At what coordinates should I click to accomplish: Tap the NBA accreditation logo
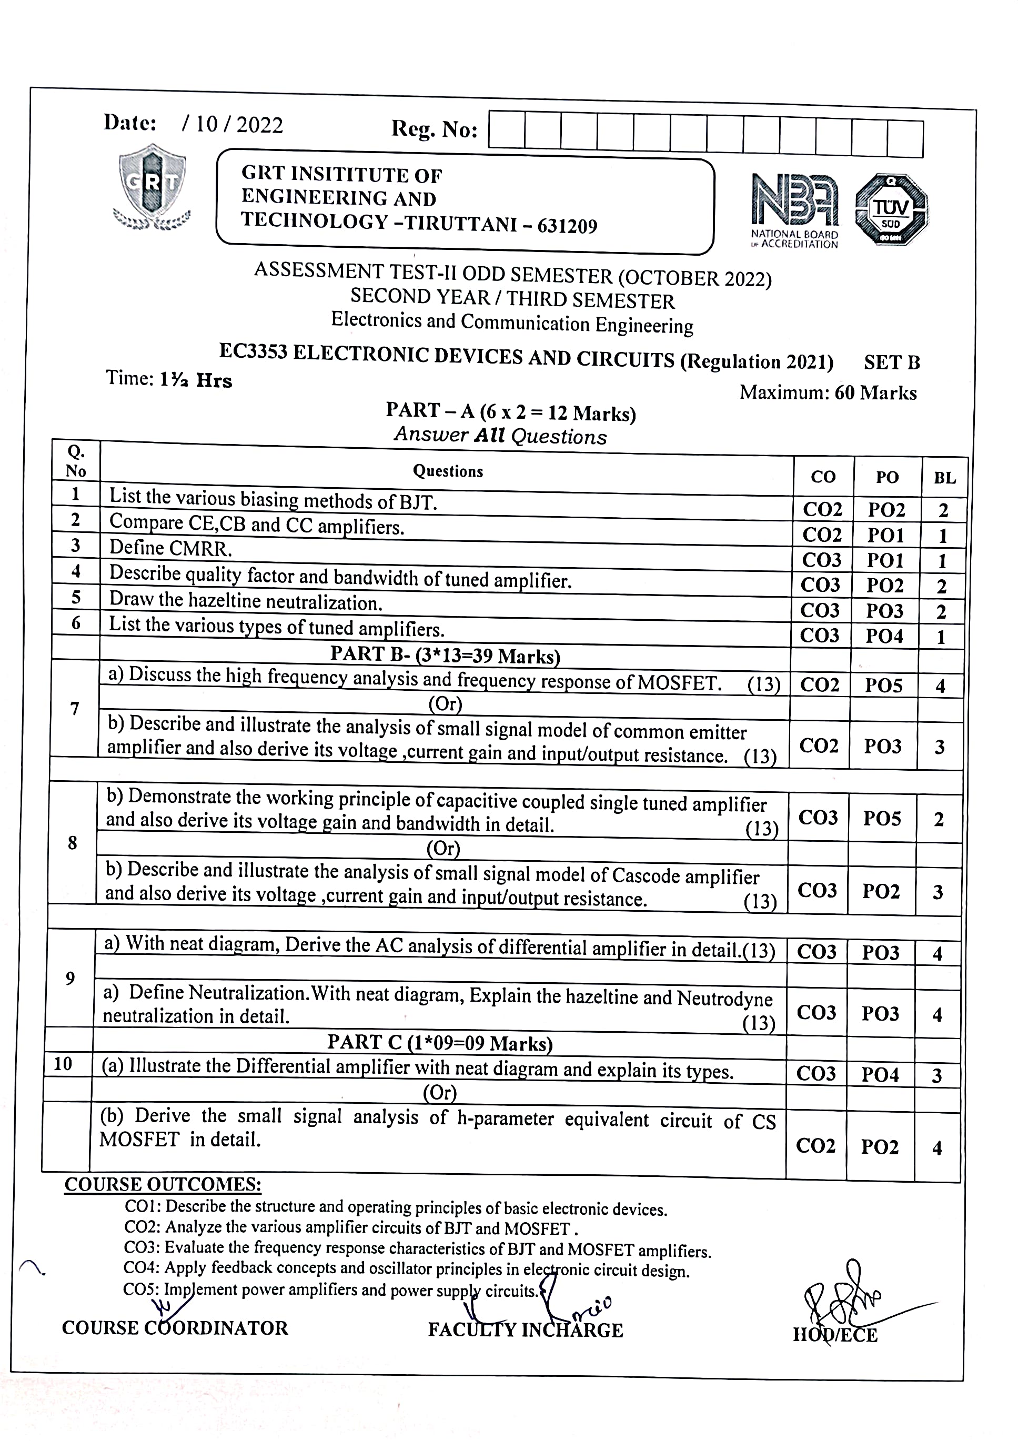[794, 211]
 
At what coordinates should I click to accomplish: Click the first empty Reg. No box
[507, 130]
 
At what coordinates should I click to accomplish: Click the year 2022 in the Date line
[260, 126]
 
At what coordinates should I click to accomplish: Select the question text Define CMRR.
[170, 549]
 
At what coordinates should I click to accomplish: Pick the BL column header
[944, 478]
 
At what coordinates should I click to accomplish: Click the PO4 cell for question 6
[884, 637]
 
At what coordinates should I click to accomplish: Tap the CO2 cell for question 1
[822, 509]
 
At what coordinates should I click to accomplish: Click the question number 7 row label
[75, 709]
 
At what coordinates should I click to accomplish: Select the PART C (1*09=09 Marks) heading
[439, 1043]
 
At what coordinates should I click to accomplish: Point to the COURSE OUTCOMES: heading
[163, 1184]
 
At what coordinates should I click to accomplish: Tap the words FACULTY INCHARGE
[526, 1330]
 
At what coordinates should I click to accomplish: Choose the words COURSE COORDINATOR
[175, 1328]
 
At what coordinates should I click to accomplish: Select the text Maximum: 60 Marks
[828, 393]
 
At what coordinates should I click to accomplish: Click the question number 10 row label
[63, 1064]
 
